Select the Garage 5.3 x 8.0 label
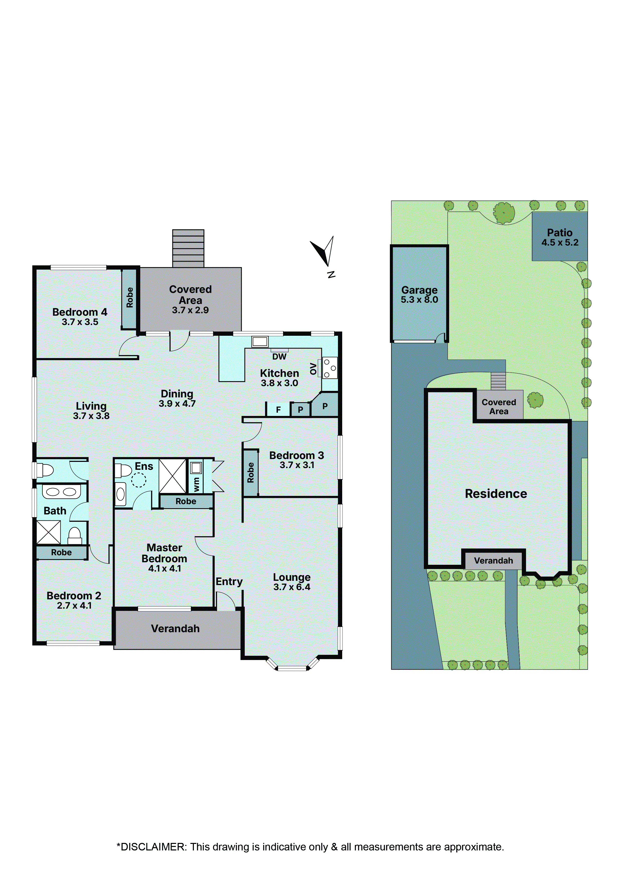coord(419,295)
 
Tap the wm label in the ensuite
coord(196,484)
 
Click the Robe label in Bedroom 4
coord(130,297)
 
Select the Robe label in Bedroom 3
coord(251,472)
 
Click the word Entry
coord(229,582)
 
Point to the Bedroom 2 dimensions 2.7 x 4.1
coord(74,606)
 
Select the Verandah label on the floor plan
coord(175,629)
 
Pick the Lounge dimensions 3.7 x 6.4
coord(292,587)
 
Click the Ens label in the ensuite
coord(144,466)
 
